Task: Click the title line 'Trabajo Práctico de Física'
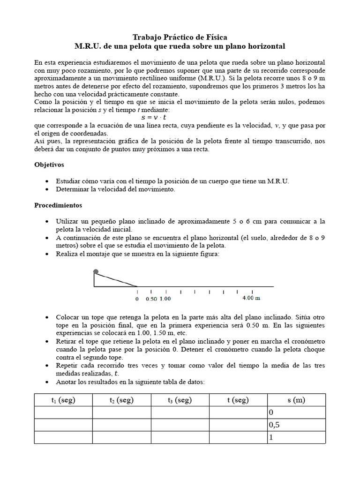coord(180,37)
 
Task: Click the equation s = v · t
coord(154,118)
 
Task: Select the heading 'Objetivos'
coord(49,165)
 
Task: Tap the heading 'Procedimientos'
coord(58,205)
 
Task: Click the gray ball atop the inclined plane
coord(96,271)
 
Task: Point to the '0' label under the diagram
coord(137,298)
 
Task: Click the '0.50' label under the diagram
coord(151,298)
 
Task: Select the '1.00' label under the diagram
coord(165,298)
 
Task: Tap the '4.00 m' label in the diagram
coord(251,298)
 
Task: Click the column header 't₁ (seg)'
coord(63,400)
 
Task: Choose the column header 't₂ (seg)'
coord(121,400)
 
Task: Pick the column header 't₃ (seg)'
coord(180,400)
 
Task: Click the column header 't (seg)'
coord(238,400)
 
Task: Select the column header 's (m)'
coord(296,400)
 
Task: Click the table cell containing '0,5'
coord(296,425)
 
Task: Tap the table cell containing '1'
coord(296,437)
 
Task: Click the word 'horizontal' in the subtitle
coord(267,46)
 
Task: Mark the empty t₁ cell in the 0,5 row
coord(63,425)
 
